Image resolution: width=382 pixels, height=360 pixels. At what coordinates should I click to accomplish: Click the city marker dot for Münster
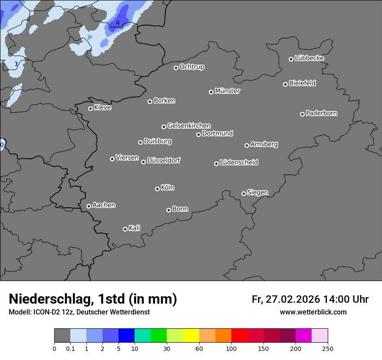pyautogui.click(x=211, y=92)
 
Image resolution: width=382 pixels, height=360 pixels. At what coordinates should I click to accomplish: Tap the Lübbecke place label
pyautogui.click(x=309, y=58)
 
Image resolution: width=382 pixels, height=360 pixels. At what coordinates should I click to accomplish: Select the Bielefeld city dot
pyautogui.click(x=286, y=84)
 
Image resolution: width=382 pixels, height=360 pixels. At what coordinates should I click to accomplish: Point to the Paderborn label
pyautogui.click(x=321, y=113)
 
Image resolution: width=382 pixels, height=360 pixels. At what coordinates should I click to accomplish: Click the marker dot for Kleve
pyautogui.click(x=90, y=108)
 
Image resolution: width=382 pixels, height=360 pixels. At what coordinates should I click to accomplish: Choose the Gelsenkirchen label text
pyautogui.click(x=189, y=126)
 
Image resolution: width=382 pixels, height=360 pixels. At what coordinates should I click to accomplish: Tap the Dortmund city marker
pyautogui.click(x=198, y=134)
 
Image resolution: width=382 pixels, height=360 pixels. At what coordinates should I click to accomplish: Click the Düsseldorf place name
pyautogui.click(x=164, y=160)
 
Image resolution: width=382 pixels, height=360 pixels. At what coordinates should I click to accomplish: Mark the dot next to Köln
pyautogui.click(x=157, y=189)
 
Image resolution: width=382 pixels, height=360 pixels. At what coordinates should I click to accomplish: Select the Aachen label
pyautogui.click(x=104, y=205)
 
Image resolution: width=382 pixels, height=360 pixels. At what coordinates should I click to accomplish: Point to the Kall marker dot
pyautogui.click(x=125, y=229)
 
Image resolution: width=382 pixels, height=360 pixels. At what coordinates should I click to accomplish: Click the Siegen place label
pyautogui.click(x=257, y=193)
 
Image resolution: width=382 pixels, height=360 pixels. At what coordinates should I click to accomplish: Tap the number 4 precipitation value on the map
pyautogui.click(x=118, y=23)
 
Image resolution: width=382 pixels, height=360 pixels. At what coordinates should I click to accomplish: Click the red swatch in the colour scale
pyautogui.click(x=239, y=336)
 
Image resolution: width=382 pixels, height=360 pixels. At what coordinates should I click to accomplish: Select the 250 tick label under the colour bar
pyautogui.click(x=328, y=348)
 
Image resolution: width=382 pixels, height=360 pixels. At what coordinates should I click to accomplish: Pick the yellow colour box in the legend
pyautogui.click(x=191, y=336)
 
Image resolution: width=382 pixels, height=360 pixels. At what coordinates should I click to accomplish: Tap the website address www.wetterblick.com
pyautogui.click(x=313, y=312)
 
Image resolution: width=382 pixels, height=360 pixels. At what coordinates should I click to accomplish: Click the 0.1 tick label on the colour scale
pyautogui.click(x=70, y=348)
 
